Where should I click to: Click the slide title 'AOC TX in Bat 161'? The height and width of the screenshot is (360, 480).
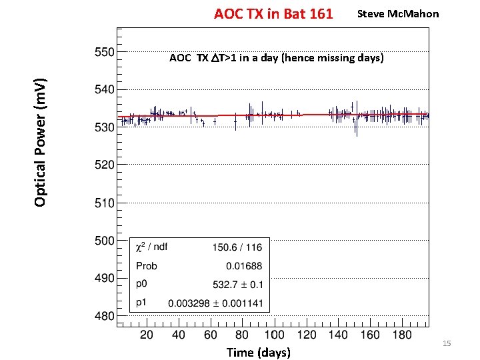[x=273, y=13]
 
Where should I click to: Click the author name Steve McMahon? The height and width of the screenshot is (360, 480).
[x=398, y=13]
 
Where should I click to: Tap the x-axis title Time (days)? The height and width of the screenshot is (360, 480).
[x=258, y=351]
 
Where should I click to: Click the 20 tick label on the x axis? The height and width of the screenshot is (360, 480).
[x=147, y=334]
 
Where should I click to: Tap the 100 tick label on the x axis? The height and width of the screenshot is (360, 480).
[x=274, y=334]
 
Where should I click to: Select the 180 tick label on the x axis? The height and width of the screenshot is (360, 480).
[x=402, y=334]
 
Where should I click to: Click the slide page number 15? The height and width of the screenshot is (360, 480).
[x=447, y=343]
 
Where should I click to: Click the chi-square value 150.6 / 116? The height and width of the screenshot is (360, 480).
[x=237, y=247]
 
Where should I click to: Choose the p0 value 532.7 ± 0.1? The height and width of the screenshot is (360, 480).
[x=237, y=284]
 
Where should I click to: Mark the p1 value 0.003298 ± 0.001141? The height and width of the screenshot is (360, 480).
[x=216, y=303]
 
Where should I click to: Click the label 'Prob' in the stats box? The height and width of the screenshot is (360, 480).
[x=147, y=265]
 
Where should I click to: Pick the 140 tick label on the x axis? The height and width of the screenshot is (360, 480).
[x=338, y=334]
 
